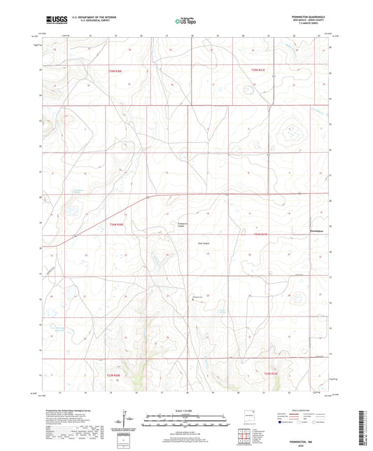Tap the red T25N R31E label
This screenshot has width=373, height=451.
pyautogui.click(x=260, y=69)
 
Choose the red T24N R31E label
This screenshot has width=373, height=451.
pyautogui.click(x=260, y=235)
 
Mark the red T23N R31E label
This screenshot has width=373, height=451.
pyautogui.click(x=271, y=374)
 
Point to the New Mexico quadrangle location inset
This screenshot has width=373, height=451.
pyautogui.click(x=246, y=414)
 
